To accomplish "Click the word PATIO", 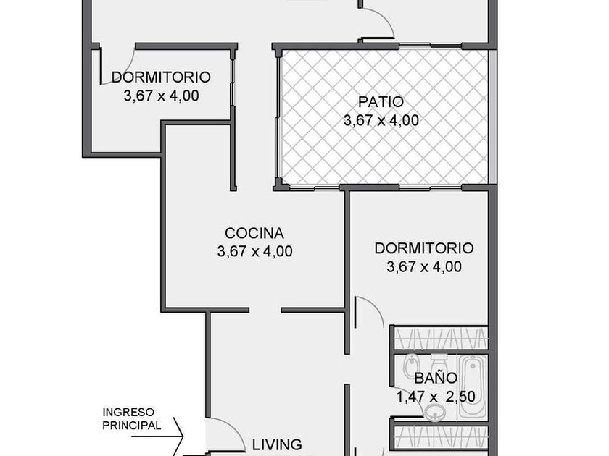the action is click(x=381, y=102).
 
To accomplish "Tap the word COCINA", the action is click(x=254, y=233).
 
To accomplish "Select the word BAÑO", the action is click(x=436, y=377).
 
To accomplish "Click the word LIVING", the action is click(x=277, y=444).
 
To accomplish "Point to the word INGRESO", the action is click(x=128, y=412).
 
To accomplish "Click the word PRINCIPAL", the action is click(x=132, y=426).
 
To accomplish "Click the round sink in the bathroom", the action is click(x=435, y=412).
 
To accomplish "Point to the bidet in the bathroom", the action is click(x=410, y=366).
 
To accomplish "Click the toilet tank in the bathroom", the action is click(x=439, y=357).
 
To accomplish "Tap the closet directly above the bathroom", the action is click(x=441, y=339).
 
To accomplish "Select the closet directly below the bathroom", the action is click(x=441, y=440).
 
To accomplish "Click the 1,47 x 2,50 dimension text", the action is click(x=436, y=397).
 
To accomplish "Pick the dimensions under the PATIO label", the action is click(x=381, y=120).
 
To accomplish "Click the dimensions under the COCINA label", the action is click(x=254, y=251).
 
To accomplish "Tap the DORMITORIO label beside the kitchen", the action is click(x=424, y=248).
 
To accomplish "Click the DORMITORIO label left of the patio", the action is click(x=161, y=77).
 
